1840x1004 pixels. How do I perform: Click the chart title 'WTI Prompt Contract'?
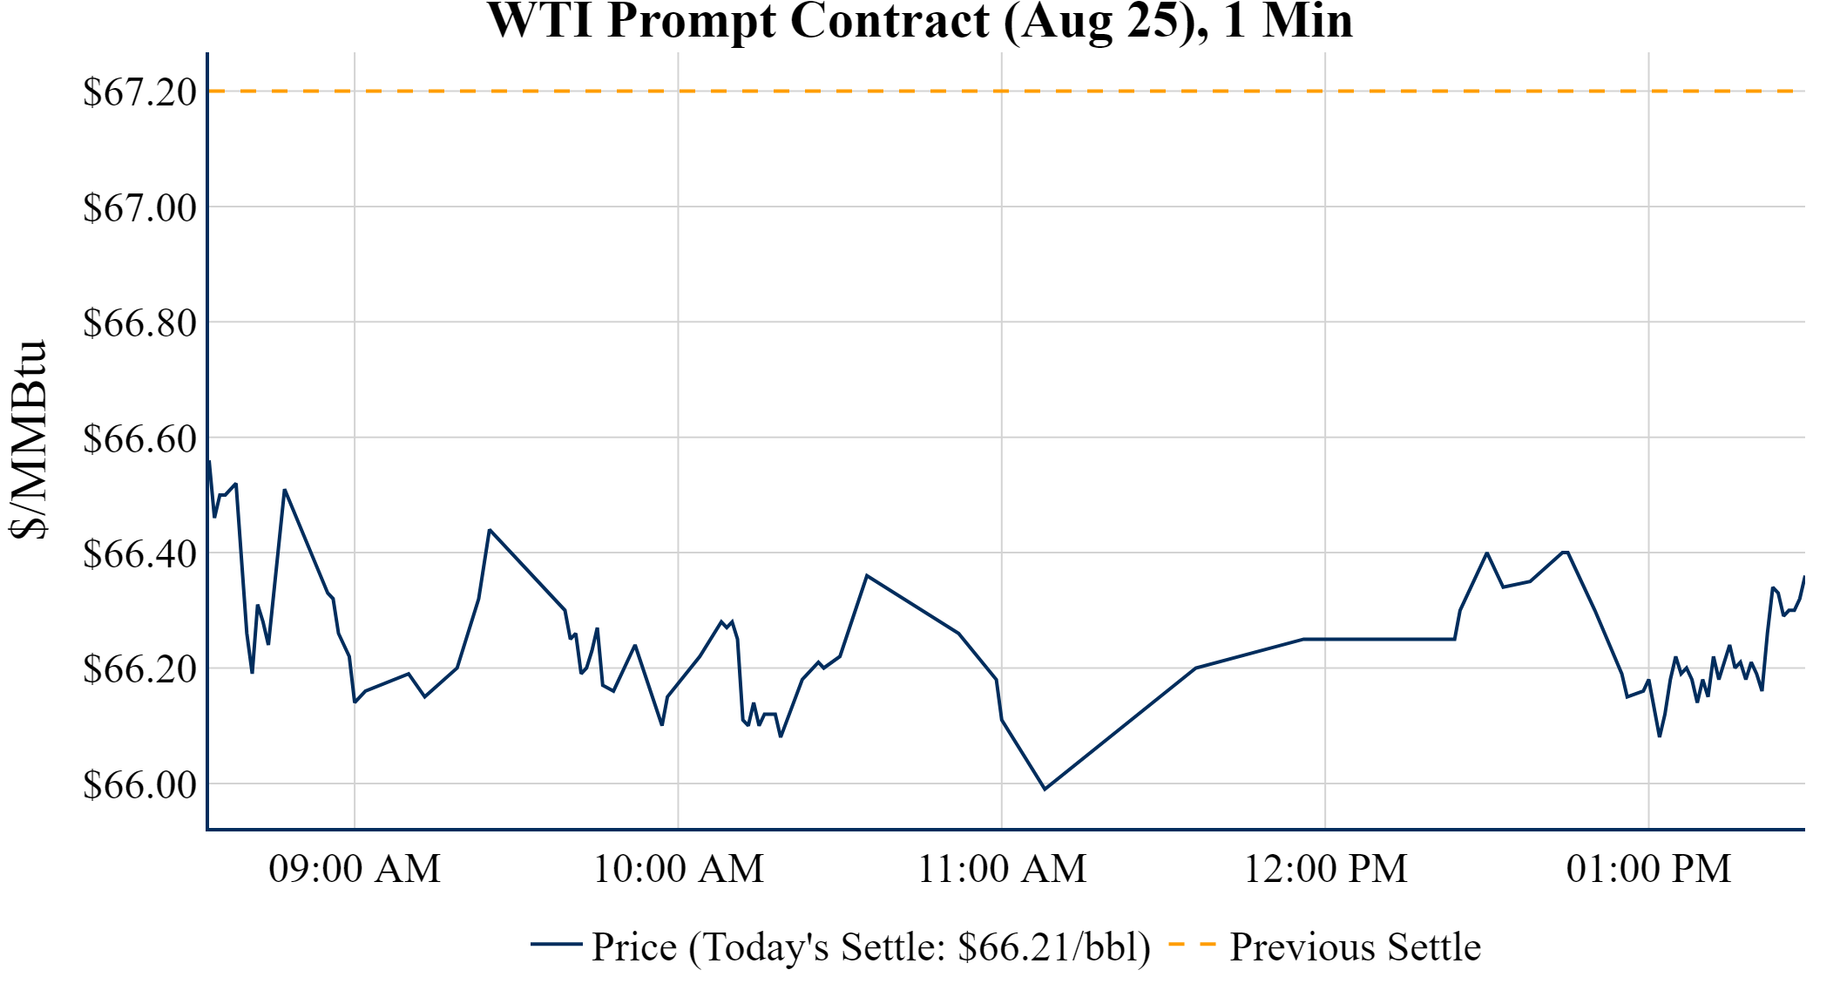click(919, 21)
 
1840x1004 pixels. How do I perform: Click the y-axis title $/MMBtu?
click(28, 440)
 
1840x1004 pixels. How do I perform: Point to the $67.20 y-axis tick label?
click(139, 92)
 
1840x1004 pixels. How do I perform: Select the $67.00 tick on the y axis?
click(139, 208)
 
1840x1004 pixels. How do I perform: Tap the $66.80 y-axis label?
click(139, 323)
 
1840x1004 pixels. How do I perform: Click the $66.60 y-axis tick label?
click(139, 439)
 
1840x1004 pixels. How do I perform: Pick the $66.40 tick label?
click(139, 554)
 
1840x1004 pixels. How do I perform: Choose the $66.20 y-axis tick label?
click(139, 670)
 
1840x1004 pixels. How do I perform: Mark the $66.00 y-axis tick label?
click(139, 785)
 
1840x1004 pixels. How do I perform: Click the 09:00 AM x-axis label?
click(355, 869)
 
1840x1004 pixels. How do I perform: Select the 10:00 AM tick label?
click(678, 869)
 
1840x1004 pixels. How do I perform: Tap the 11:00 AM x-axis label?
click(1002, 869)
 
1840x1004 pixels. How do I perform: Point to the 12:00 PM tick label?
click(1325, 869)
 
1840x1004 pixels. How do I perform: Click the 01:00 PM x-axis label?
click(1648, 869)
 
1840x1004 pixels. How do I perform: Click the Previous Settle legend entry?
click(1355, 947)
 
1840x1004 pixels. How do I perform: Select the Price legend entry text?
click(870, 947)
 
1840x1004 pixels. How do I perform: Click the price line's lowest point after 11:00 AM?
click(1045, 789)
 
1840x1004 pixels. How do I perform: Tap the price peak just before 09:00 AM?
click(285, 490)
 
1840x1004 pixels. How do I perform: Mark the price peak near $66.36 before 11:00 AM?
click(867, 575)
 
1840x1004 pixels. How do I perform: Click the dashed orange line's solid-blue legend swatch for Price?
click(556, 945)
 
